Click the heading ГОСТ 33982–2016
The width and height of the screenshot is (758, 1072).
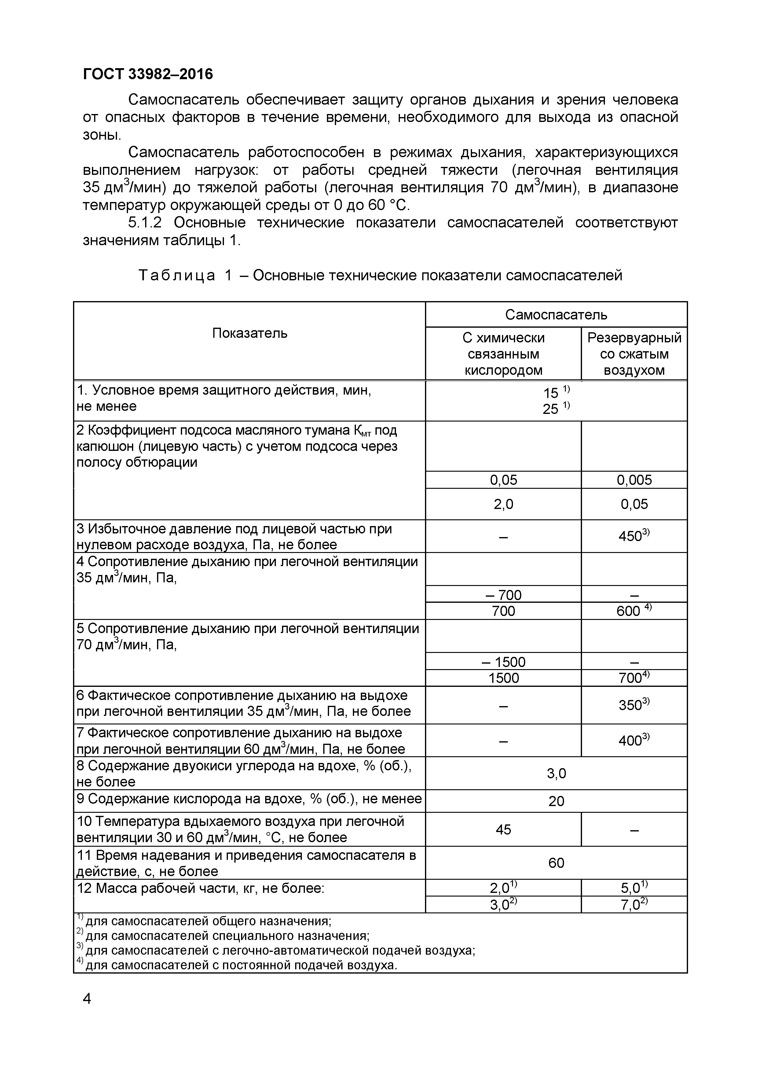point(148,74)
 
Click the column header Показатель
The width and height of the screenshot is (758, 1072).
point(250,333)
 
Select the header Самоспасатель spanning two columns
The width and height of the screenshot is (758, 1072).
point(556,314)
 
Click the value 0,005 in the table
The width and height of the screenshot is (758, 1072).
point(634,480)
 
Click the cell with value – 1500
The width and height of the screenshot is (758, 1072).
point(503,661)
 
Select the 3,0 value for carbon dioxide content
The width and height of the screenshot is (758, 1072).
point(556,774)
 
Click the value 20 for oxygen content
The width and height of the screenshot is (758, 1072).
point(556,801)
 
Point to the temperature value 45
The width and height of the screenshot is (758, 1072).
point(503,829)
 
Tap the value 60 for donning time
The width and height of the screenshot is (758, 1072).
point(556,863)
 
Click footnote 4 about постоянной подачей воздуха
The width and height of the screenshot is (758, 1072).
point(240,965)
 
